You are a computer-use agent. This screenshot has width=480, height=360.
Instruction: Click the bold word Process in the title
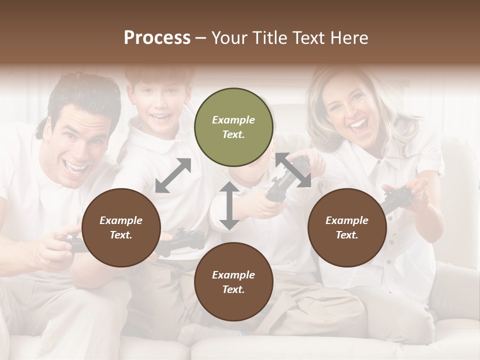(157, 37)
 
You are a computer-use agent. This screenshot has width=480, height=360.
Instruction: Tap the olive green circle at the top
(233, 127)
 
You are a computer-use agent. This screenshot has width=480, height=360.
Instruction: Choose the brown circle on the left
(121, 227)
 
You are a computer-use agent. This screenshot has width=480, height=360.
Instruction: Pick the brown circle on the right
(347, 227)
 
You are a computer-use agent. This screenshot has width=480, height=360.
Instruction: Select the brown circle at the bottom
(233, 282)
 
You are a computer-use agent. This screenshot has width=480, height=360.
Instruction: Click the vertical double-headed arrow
(228, 205)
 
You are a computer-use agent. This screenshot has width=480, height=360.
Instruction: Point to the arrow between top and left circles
(173, 175)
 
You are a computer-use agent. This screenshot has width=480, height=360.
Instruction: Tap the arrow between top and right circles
(293, 170)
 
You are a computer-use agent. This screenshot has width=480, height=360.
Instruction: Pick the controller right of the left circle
(180, 240)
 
